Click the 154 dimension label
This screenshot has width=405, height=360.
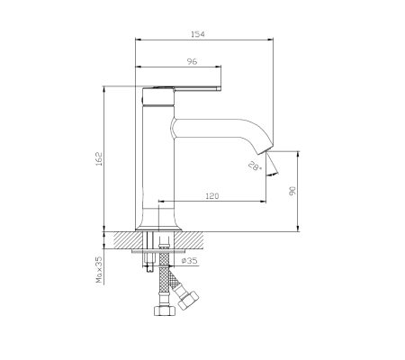(x=198, y=34)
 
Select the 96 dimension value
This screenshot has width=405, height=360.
(x=192, y=61)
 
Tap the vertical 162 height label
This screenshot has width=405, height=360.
(x=99, y=159)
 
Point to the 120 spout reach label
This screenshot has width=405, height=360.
(x=212, y=196)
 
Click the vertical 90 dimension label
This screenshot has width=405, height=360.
(x=292, y=191)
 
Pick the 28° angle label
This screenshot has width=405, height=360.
(x=255, y=166)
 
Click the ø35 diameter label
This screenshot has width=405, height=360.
(x=190, y=261)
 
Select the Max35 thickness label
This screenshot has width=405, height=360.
(x=99, y=270)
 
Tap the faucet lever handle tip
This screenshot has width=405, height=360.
(x=220, y=88)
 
